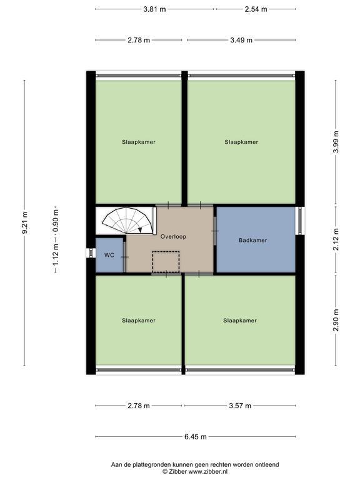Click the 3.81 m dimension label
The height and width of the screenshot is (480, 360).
[x=154, y=9]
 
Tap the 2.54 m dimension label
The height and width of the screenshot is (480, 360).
[x=256, y=9]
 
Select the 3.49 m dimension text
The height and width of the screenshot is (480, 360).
[x=241, y=40]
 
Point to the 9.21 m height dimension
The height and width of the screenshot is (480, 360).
[x=25, y=222]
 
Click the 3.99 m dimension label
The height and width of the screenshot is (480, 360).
[x=336, y=142]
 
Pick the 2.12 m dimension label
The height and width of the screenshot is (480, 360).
[x=336, y=239]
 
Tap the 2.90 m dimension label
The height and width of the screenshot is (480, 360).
[x=336, y=320]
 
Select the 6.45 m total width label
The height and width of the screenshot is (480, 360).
[x=195, y=437]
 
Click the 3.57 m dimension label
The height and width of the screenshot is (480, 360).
[x=240, y=406]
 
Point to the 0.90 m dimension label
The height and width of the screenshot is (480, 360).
[x=56, y=221]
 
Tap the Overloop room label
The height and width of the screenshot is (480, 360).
[x=173, y=237]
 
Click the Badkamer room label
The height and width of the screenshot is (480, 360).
[x=253, y=240]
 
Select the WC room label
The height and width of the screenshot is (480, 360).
[x=109, y=255]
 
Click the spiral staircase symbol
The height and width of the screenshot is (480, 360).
[x=127, y=221]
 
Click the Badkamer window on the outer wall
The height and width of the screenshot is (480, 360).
[x=300, y=221]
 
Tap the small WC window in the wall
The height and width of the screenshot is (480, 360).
[x=91, y=253]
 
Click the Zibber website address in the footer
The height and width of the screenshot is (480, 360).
[x=207, y=472]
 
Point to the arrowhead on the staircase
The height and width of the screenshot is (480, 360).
[x=140, y=229]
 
